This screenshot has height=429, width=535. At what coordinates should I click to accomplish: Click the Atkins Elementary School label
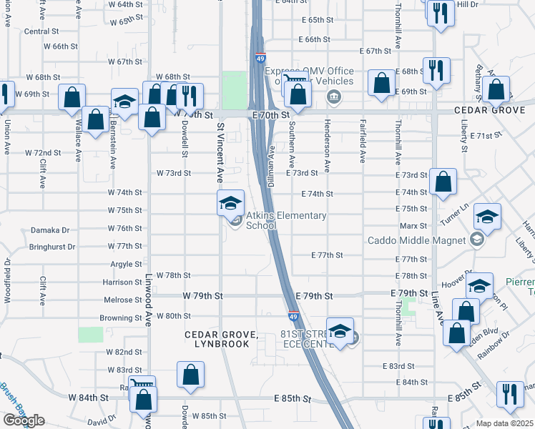(286, 220)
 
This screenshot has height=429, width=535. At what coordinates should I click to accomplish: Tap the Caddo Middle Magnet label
(417, 240)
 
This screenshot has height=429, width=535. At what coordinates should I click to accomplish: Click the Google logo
(24, 420)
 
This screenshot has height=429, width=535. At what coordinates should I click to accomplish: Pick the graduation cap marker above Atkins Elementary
(231, 203)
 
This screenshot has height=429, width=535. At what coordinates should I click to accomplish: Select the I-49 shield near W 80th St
(293, 315)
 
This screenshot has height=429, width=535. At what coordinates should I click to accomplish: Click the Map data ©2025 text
(504, 423)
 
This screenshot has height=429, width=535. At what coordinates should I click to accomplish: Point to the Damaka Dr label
(50, 230)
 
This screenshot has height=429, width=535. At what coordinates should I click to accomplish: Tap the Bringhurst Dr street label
(52, 247)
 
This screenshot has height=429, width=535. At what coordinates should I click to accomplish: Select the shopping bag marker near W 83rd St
(190, 374)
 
